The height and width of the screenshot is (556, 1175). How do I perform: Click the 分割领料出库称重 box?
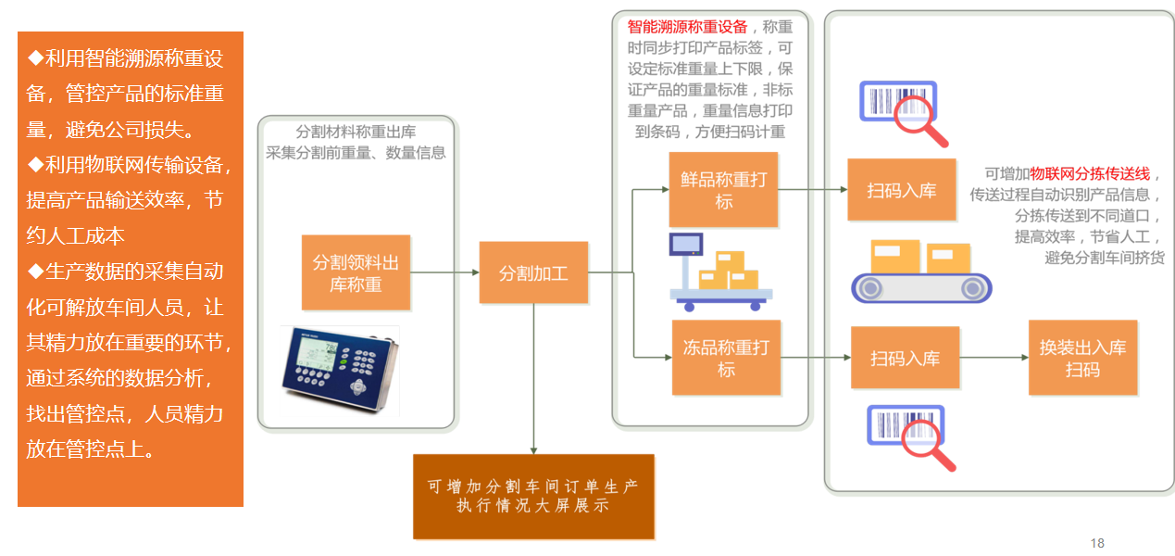[x=356, y=272]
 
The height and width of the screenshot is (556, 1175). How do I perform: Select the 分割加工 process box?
[x=533, y=272]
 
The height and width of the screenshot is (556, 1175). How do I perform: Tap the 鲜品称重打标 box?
[x=723, y=190]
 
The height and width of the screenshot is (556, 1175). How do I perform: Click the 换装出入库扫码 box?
[x=1082, y=358]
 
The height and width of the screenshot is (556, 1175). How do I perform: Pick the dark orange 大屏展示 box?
[x=533, y=496]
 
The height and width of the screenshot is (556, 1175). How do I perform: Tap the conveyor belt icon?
[x=920, y=272]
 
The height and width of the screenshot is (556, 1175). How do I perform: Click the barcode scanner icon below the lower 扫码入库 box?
[x=909, y=436]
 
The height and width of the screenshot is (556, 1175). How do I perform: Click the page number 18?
[x=1097, y=543]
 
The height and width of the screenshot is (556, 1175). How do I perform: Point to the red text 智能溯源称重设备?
[x=687, y=26]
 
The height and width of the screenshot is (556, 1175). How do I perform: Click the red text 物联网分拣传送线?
[x=1090, y=173]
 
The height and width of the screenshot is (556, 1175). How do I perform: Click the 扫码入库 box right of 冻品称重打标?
[x=905, y=358]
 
